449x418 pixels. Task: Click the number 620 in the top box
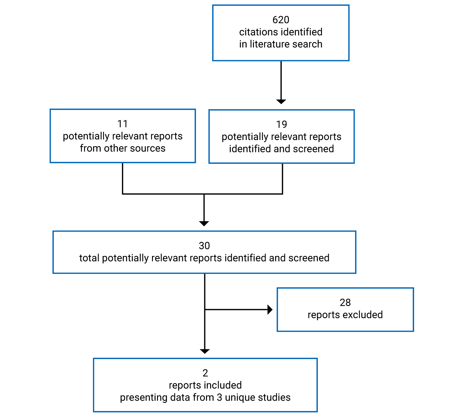[281, 20]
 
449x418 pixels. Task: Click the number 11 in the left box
[122, 124]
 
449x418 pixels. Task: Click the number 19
[281, 124]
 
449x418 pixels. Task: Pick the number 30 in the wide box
[204, 246]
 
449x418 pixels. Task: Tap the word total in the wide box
[89, 258]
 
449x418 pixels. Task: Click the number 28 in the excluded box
[345, 302]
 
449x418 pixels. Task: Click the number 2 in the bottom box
[205, 373]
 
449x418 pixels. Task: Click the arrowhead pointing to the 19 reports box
[281, 102]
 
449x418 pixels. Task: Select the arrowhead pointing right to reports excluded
[270, 309]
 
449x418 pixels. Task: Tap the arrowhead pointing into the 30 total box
[204, 223]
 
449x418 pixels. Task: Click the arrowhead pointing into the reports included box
[205, 351]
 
